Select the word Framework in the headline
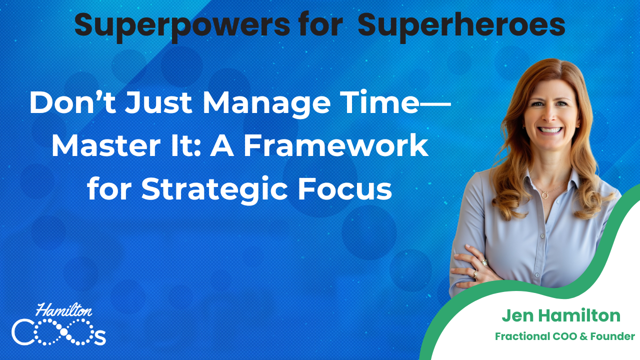pos(336,145)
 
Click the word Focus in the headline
pos(345,189)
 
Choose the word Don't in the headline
pos(72,102)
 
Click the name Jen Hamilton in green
pos(561,315)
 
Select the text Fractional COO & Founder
pos(565,336)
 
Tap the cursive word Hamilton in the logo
pos(64,310)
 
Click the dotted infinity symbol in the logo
pos(64,331)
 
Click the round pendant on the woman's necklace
pos(545,195)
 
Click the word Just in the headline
pos(158,102)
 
